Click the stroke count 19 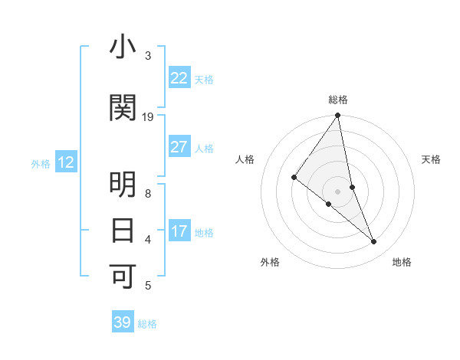148,116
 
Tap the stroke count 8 148,193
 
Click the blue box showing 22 179,78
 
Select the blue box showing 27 179,147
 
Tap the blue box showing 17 179,231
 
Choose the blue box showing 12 65,162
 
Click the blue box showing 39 123,322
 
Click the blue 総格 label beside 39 147,324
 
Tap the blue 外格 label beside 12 41,163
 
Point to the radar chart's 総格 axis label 338,100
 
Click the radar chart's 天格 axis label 432,159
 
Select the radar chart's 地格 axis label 402,262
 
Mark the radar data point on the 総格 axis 338,116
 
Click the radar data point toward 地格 374,241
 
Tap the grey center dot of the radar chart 338,191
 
